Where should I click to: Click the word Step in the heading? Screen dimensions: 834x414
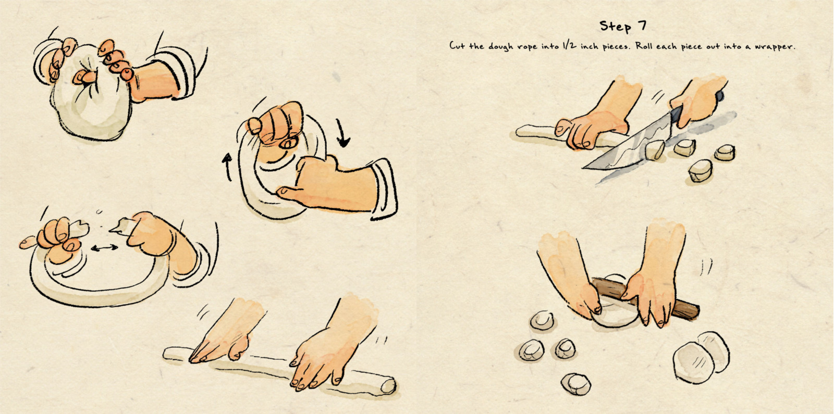pos(615,27)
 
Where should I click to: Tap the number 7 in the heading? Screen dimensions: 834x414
pos(642,26)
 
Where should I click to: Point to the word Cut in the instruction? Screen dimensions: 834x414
pos(457,46)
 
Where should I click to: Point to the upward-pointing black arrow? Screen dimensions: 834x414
pos(227,167)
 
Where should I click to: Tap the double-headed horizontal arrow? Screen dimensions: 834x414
pos(104,247)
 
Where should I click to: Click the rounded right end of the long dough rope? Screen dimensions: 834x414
pos(388,386)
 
